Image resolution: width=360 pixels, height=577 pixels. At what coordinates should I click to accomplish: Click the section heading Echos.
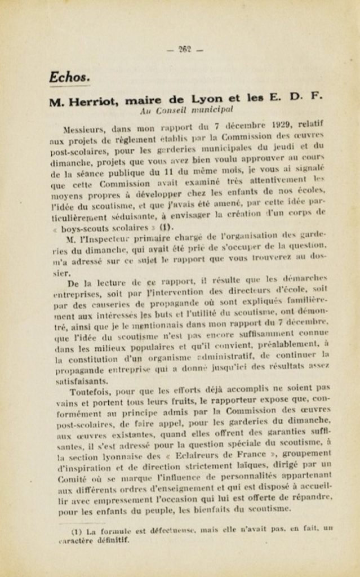tap(69, 77)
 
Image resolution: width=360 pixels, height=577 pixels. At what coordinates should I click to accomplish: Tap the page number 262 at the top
tap(185, 50)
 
